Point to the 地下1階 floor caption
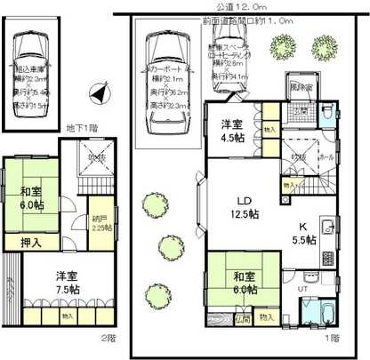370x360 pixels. coord(84,129)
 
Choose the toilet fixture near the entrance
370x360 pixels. coord(327,115)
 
